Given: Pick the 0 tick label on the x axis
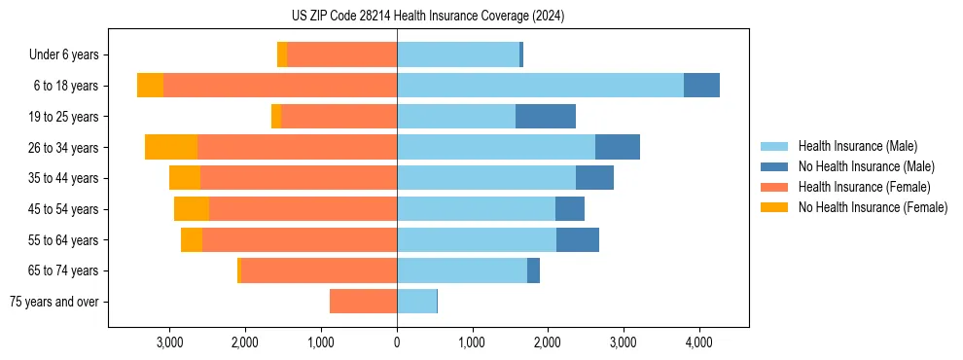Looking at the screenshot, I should pyautogui.click(x=397, y=342).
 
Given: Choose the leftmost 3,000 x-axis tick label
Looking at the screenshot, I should pyautogui.click(x=169, y=342).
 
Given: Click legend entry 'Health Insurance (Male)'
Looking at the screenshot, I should pyautogui.click(x=857, y=146).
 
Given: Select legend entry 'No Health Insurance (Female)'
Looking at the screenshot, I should pyautogui.click(x=873, y=207).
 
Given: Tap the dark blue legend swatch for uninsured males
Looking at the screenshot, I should pyautogui.click(x=774, y=166).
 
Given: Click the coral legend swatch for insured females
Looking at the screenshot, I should pyautogui.click(x=774, y=187).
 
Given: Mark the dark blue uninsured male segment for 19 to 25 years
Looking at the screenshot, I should pyautogui.click(x=546, y=117).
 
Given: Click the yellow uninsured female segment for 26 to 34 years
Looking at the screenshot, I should pyautogui.click(x=171, y=147).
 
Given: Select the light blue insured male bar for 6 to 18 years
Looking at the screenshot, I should pyautogui.click(x=540, y=86).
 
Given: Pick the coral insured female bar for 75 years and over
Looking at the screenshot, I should pyautogui.click(x=363, y=302).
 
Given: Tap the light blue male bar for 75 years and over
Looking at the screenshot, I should pyautogui.click(x=416, y=302).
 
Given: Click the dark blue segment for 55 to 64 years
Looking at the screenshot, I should pyautogui.click(x=578, y=239).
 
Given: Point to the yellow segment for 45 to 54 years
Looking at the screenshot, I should pyautogui.click(x=192, y=209).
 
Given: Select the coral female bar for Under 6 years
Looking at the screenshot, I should pyautogui.click(x=341, y=55).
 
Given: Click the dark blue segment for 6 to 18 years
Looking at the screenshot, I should pyautogui.click(x=701, y=86).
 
